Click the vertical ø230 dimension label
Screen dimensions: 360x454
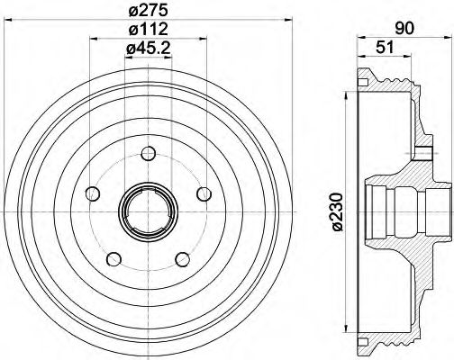pos(336,211)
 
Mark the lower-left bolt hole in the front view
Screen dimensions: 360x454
pos(113,259)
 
